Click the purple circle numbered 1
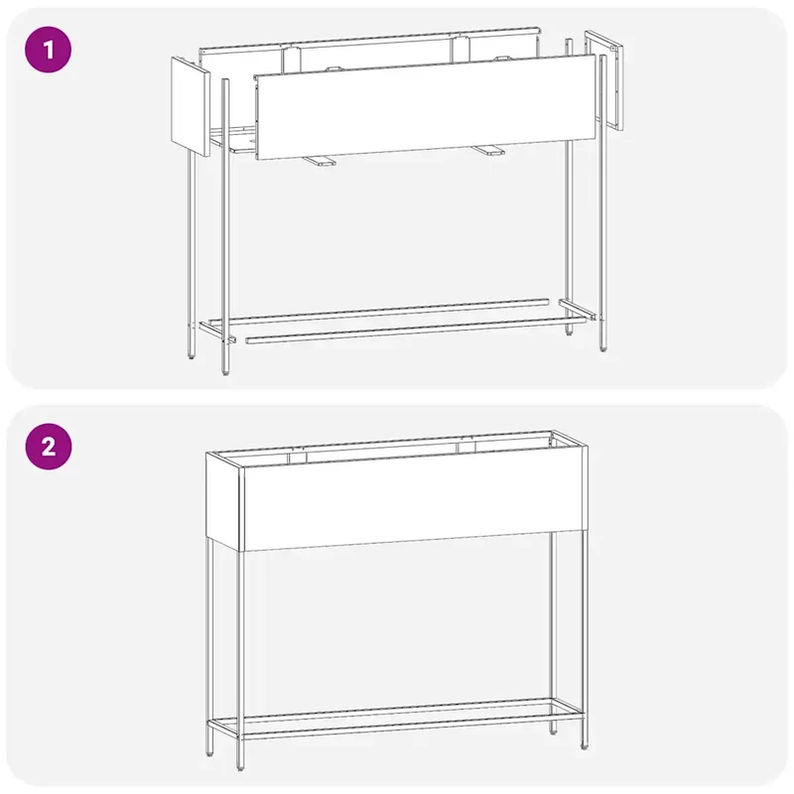[x=48, y=51]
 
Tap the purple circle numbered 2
[x=48, y=447]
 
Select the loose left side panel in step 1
[x=191, y=106]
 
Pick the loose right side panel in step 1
[x=604, y=80]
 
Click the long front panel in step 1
[x=425, y=107]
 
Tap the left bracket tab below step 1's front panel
[x=318, y=161]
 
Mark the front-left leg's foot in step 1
[x=225, y=371]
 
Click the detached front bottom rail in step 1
[x=415, y=331]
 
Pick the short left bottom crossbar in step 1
[x=217, y=331]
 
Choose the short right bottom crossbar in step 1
[x=578, y=309]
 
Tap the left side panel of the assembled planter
[x=223, y=500]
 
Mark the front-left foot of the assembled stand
[x=240, y=767]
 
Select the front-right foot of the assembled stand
[x=585, y=745]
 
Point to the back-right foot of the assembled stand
[x=553, y=730]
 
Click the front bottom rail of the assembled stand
[x=412, y=726]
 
